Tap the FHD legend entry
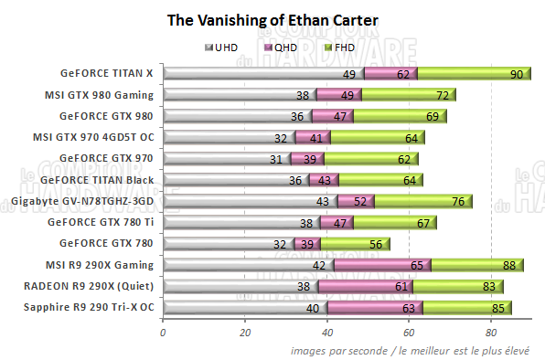point(336,47)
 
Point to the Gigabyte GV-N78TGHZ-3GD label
point(83,201)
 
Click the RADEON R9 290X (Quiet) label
point(96,286)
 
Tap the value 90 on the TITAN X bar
point(516,73)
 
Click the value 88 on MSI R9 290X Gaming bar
point(508,265)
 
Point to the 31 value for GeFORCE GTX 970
point(275,158)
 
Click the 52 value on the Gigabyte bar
point(360,201)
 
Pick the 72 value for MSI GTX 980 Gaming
point(442,94)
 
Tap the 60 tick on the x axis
point(411,333)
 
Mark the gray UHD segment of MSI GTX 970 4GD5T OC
point(229,137)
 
